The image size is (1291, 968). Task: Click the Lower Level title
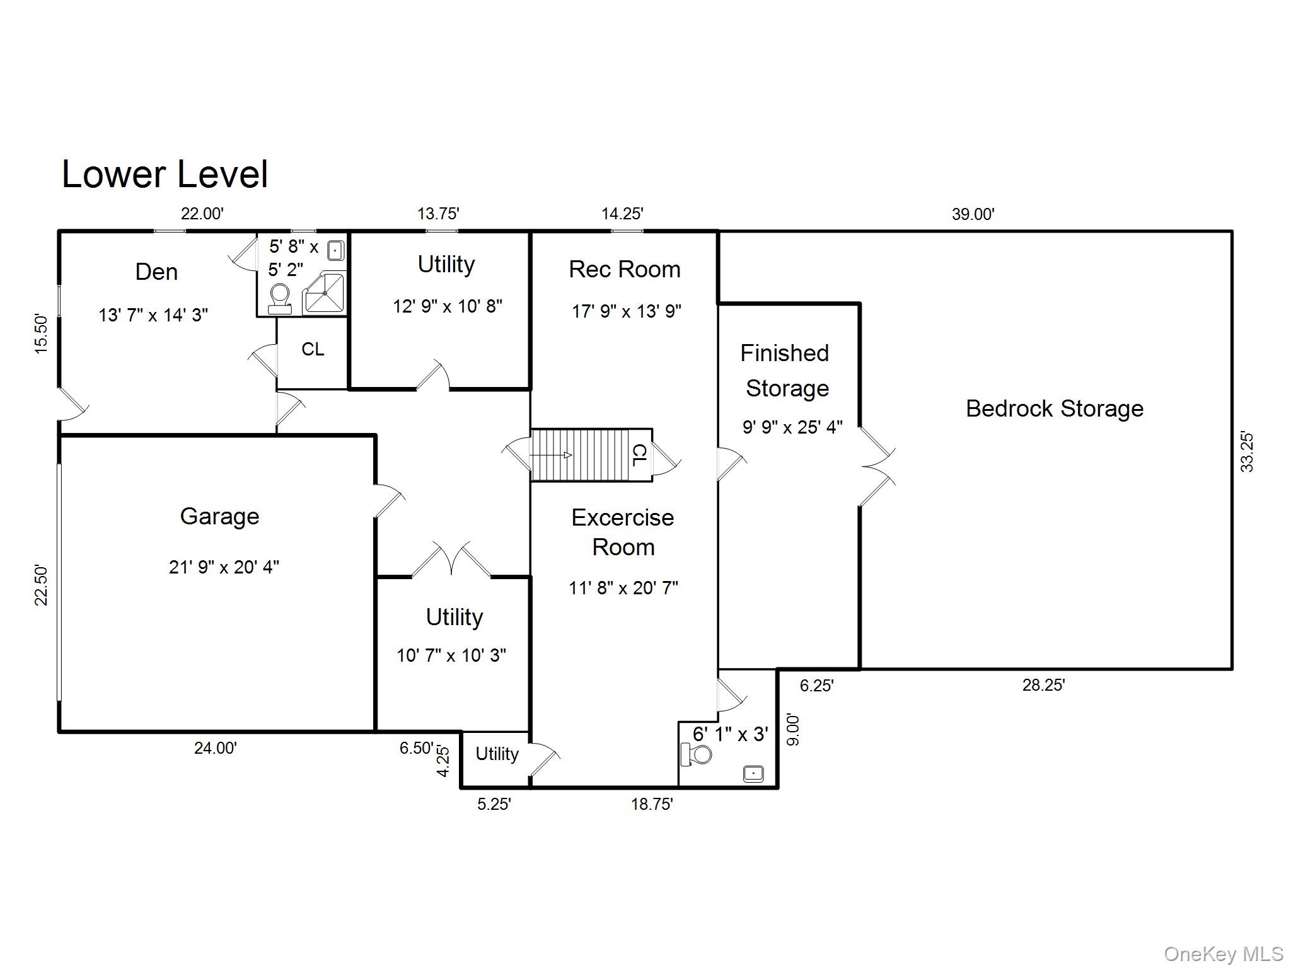pos(165,175)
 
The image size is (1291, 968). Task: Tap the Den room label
pos(156,272)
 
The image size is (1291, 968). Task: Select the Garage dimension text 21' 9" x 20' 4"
pos(224,567)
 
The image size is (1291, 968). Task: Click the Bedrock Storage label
pos(1055,409)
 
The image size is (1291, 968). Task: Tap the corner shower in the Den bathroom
pos(325,293)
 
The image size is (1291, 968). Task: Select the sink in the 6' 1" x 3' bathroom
pos(753,773)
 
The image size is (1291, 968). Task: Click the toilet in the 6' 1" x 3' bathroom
pos(696,754)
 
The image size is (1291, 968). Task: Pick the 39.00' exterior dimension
pos(973,214)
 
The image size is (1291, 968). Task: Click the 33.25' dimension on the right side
pos(1247,452)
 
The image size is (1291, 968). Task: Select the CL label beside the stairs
pos(639,455)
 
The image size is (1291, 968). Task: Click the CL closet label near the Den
pos(313,349)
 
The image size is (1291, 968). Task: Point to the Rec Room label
pos(624,270)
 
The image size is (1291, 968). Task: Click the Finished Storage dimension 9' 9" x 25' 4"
pos(792,428)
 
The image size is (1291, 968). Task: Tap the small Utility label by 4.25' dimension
pos(497,754)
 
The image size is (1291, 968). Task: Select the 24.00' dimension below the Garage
pos(216,748)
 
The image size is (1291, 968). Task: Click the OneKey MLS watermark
pos(1223,954)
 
